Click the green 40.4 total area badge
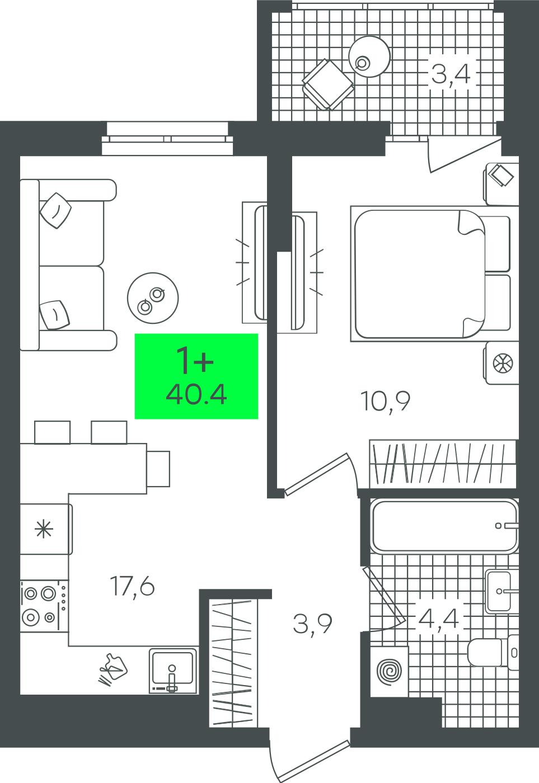pyautogui.click(x=196, y=376)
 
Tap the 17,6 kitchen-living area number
pyautogui.click(x=132, y=586)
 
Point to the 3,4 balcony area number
pyautogui.click(x=451, y=74)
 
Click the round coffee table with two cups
pyautogui.click(x=153, y=298)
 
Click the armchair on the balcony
pyautogui.click(x=328, y=84)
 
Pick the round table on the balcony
pyautogui.click(x=369, y=56)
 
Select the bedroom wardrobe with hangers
pyautogui.click(x=443, y=464)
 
